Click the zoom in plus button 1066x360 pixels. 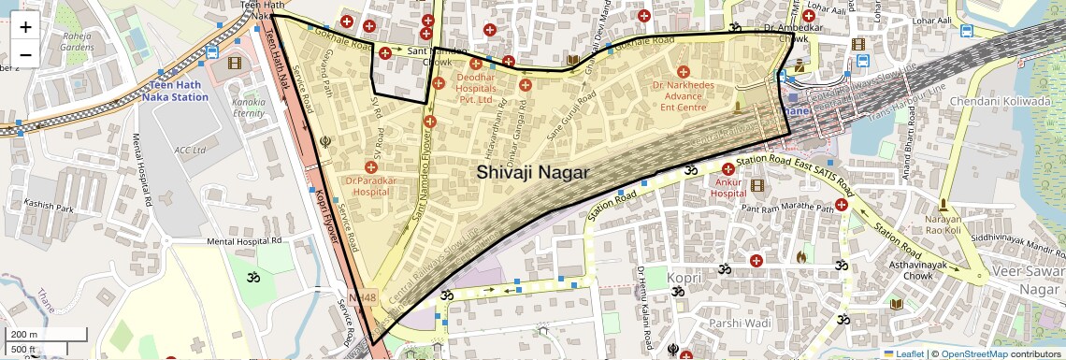tap(25, 26)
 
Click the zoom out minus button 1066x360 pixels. tap(25, 54)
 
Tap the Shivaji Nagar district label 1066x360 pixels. tap(532, 172)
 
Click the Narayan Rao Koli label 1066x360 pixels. tap(943, 224)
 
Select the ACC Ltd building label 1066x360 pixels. tap(189, 149)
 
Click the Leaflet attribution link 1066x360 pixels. tap(902, 353)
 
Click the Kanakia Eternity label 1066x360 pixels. tap(249, 107)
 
